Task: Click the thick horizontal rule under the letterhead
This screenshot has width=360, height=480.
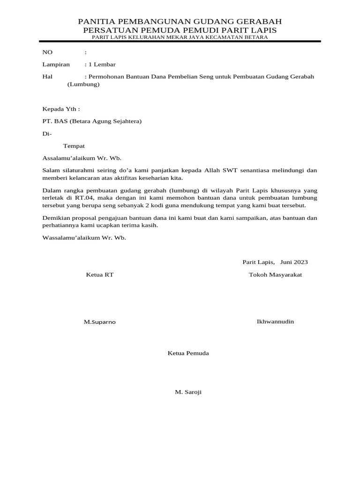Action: pos(180,42)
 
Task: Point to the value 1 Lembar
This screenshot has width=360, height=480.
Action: pos(101,64)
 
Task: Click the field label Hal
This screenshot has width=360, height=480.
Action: pos(47,76)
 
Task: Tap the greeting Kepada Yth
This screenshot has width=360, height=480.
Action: pos(61,109)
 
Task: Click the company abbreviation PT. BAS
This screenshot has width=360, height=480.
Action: pos(55,121)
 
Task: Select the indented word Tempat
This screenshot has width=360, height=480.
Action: pos(74,146)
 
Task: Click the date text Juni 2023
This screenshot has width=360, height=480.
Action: pos(294,262)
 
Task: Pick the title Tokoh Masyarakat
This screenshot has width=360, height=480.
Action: pos(275,275)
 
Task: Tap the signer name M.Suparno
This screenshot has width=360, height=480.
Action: pos(100,322)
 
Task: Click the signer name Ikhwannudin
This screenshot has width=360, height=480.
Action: pos(275,321)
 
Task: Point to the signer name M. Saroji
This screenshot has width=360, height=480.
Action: pos(188,392)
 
